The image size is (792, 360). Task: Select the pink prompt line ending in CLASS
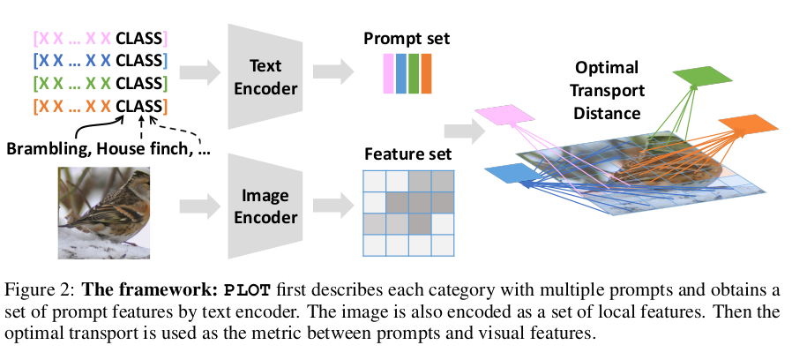[99, 39]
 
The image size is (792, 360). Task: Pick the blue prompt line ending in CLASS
[99, 61]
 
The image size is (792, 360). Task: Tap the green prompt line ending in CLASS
[99, 84]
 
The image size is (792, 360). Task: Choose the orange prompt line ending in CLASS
[99, 107]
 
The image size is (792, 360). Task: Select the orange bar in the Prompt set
[426, 73]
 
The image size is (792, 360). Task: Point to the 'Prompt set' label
[407, 39]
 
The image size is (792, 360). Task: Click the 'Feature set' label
[407, 154]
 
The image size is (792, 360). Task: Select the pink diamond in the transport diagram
[506, 114]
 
